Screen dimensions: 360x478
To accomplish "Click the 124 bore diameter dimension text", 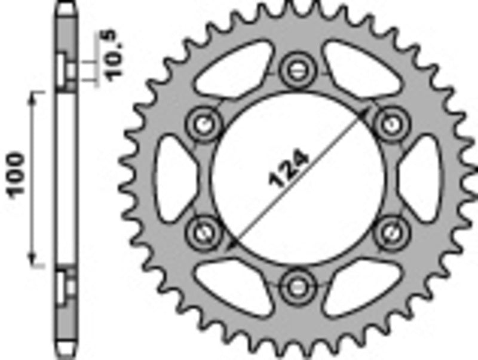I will point(290,169).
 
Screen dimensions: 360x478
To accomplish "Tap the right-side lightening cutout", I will point(420,178).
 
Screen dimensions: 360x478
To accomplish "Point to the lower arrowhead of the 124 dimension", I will point(232,244).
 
